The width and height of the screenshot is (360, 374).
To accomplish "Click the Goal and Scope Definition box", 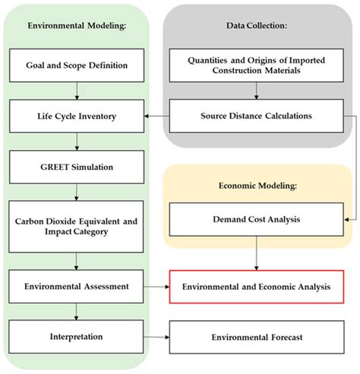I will (x=77, y=66).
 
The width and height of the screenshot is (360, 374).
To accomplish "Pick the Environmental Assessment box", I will (x=77, y=288).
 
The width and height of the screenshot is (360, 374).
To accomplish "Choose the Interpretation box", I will (x=77, y=335).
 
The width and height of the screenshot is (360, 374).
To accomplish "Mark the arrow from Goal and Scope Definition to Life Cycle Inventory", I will (x=77, y=91).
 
